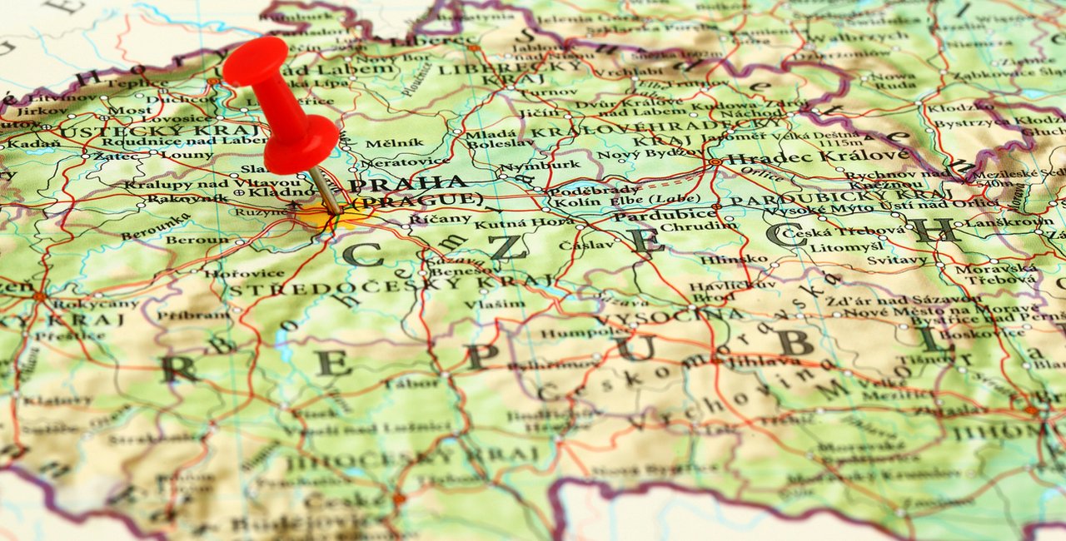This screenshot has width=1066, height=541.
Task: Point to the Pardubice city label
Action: (664, 214)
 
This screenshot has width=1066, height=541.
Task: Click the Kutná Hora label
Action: (511, 223)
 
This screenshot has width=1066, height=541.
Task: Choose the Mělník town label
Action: (382, 143)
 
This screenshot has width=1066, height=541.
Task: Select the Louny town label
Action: (175, 156)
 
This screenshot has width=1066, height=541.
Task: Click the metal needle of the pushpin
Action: (326, 191)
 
